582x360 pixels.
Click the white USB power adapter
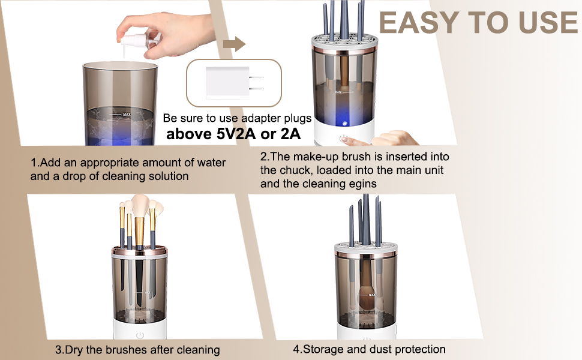(x=225, y=82)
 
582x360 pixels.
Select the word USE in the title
(x=541, y=23)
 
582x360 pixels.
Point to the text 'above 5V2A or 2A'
(x=233, y=134)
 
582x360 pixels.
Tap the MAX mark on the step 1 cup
(x=126, y=114)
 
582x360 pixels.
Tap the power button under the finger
(x=343, y=139)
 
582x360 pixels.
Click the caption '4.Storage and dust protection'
(x=369, y=349)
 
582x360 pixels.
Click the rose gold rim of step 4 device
(x=364, y=255)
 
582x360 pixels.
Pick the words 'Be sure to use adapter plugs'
(x=238, y=118)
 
